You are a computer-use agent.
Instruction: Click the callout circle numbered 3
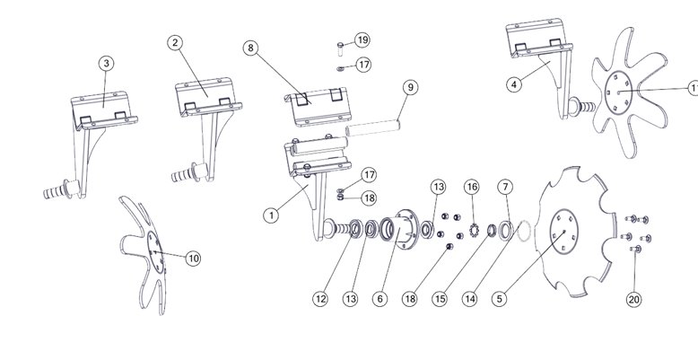(x=106, y=63)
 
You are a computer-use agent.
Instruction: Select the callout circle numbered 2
(x=175, y=43)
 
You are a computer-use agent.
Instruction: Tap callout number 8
(x=250, y=48)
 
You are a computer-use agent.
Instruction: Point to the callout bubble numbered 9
(x=410, y=87)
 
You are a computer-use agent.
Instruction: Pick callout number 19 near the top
(x=362, y=40)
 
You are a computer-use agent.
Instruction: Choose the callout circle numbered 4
(x=514, y=84)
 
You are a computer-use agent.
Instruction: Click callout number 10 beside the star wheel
(x=193, y=259)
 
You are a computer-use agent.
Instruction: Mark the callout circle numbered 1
(x=271, y=215)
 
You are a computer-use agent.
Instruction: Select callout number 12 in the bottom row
(x=320, y=299)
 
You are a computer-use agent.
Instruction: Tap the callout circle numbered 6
(x=380, y=299)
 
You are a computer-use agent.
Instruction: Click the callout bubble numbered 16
(x=471, y=187)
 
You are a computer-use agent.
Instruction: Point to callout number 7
(x=505, y=187)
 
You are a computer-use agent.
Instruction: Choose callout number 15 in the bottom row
(x=440, y=299)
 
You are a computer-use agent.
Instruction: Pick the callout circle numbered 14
(x=469, y=299)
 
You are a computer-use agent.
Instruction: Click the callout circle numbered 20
(x=634, y=300)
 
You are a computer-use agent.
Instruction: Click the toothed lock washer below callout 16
(x=474, y=231)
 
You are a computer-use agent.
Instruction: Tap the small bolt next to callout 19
(x=341, y=48)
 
